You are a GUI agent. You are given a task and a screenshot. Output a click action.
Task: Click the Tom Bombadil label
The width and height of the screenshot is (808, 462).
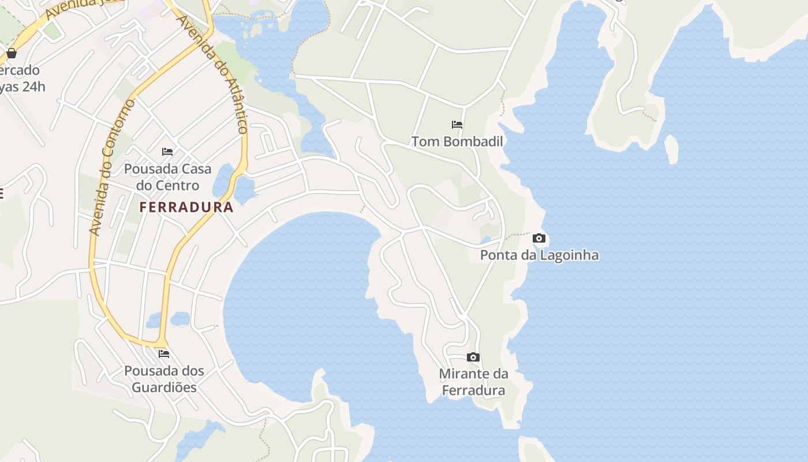click(x=457, y=141)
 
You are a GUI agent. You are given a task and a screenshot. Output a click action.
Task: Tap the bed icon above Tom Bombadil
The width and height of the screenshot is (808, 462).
click(x=457, y=124)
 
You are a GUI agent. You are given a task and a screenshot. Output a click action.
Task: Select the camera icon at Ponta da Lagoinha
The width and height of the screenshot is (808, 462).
click(x=539, y=238)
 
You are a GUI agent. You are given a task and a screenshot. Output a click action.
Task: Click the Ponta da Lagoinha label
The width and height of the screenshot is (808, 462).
click(x=539, y=255)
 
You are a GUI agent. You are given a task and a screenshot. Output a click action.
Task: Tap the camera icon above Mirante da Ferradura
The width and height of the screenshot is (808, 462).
click(x=473, y=357)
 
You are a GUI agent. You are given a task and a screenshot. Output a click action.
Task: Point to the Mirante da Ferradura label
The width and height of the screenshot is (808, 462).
click(x=473, y=382)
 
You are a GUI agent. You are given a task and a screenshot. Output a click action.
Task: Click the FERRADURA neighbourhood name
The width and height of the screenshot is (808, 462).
click(x=186, y=207)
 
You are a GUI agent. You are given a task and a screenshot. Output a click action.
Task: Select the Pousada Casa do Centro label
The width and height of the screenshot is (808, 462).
click(x=168, y=177)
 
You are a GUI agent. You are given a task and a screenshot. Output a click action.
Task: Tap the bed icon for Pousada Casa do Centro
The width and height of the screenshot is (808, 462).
click(x=167, y=152)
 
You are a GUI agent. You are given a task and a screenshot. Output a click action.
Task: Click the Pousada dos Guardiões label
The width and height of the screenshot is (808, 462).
click(x=164, y=379)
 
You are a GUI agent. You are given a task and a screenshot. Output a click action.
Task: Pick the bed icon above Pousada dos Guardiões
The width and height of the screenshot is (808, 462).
click(x=164, y=353)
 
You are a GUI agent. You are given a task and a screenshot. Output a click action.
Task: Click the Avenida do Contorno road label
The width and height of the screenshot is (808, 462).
click(x=112, y=167)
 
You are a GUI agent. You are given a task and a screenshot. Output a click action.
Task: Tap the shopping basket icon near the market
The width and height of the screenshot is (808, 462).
click(x=11, y=53)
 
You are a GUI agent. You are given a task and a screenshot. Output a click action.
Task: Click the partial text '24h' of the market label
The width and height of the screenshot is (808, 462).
click(x=32, y=87)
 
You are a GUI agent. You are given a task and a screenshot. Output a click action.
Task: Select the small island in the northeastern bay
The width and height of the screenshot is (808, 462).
click(x=671, y=149)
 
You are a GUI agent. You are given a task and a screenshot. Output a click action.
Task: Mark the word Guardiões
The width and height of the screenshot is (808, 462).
click(x=164, y=388)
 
